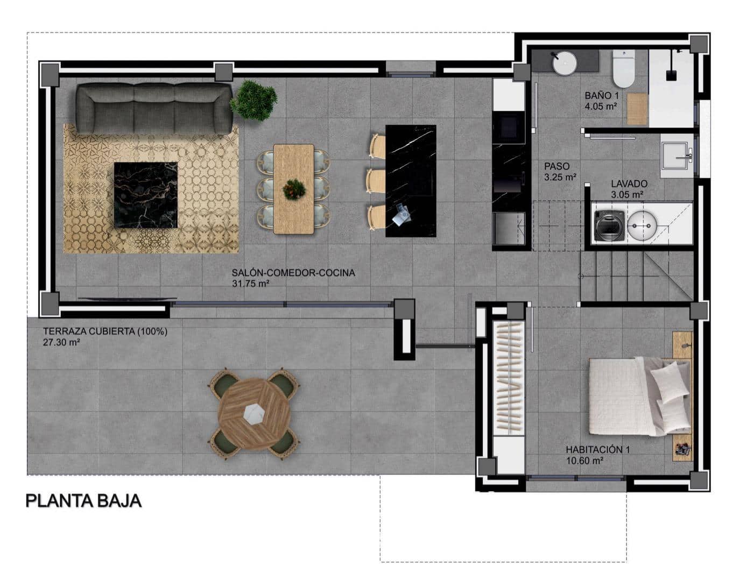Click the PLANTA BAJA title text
pyautogui.click(x=83, y=501)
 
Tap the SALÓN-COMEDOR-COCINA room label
pyautogui.click(x=293, y=273)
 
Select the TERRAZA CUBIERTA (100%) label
pyautogui.click(x=105, y=332)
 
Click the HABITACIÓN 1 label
pyautogui.click(x=597, y=450)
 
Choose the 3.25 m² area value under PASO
pyautogui.click(x=560, y=176)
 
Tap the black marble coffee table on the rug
pyautogui.click(x=145, y=195)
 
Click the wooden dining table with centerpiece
pyautogui.click(x=293, y=188)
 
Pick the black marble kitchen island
pyautogui.click(x=411, y=181)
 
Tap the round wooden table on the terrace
pyautogui.click(x=254, y=413)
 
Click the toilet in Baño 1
pyautogui.click(x=624, y=69)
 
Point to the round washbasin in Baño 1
pyautogui.click(x=565, y=62)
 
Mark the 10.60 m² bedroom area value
pyautogui.click(x=584, y=461)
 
